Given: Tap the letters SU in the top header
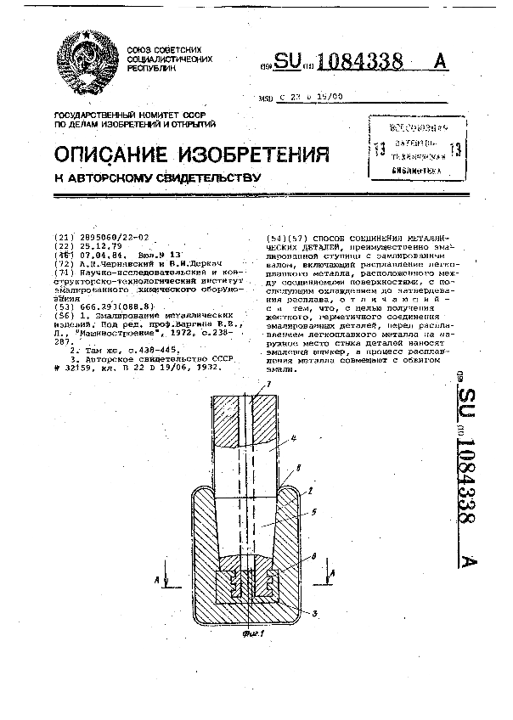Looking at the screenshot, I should tap(288, 62).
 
